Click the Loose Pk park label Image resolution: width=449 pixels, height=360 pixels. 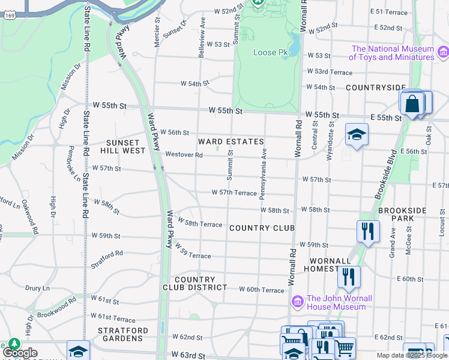[x=270, y=53]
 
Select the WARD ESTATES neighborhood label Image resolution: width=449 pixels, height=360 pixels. [x=231, y=142]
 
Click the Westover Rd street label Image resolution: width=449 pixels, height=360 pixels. [x=184, y=154]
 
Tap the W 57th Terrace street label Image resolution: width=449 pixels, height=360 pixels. [x=234, y=193]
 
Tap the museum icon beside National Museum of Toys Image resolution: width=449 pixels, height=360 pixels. [x=443, y=53]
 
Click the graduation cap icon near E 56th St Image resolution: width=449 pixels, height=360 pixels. [x=356, y=134]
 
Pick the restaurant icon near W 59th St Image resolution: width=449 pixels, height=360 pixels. [x=367, y=231]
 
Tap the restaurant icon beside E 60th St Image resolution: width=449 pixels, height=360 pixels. [x=348, y=277]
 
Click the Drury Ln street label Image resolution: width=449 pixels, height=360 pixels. [x=38, y=288]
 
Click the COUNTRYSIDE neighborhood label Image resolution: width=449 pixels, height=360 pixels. [x=376, y=88]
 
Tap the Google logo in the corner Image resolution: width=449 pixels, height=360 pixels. [x=20, y=353]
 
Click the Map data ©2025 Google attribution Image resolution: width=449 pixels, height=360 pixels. [x=411, y=355]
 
